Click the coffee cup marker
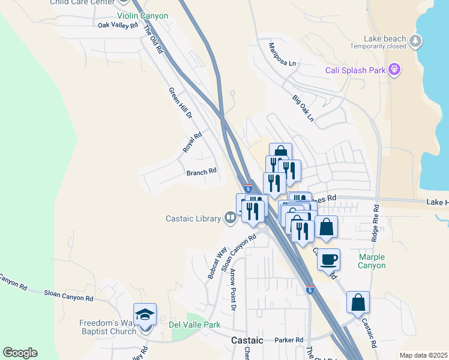(328, 260)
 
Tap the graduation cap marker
(145, 314)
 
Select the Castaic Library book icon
(231, 218)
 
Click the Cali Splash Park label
(355, 70)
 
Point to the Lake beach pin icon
(416, 41)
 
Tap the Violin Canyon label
(142, 16)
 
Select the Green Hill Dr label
(180, 103)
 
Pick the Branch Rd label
(201, 172)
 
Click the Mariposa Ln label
(283, 55)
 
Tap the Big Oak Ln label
(303, 108)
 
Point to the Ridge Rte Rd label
(375, 224)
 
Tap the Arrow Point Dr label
(233, 289)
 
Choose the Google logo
(20, 353)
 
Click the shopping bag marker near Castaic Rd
(358, 302)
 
